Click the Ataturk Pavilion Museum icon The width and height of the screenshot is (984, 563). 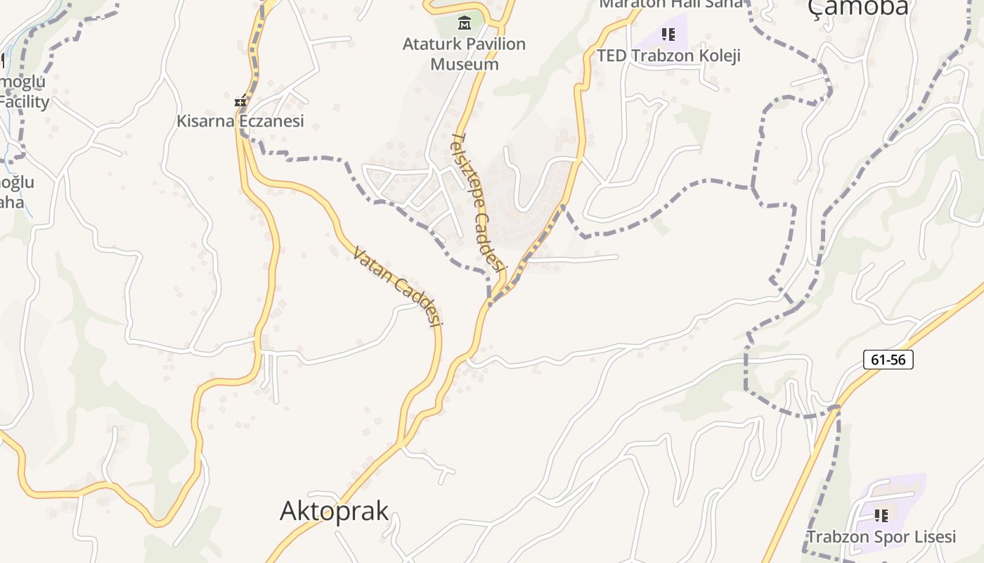464,23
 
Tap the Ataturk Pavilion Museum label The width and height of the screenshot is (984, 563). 464,54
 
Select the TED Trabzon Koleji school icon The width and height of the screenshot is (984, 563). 668,34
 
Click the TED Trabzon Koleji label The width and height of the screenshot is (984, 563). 668,56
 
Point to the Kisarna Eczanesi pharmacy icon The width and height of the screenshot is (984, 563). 241,101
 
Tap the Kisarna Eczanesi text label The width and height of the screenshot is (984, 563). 240,121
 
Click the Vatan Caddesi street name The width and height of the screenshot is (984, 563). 398,286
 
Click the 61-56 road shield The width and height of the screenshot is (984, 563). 888,360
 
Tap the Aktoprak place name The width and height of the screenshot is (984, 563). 334,511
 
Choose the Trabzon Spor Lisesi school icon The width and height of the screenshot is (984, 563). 881,516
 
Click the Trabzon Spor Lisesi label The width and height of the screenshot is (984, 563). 881,537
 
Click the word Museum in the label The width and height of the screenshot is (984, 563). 465,64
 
